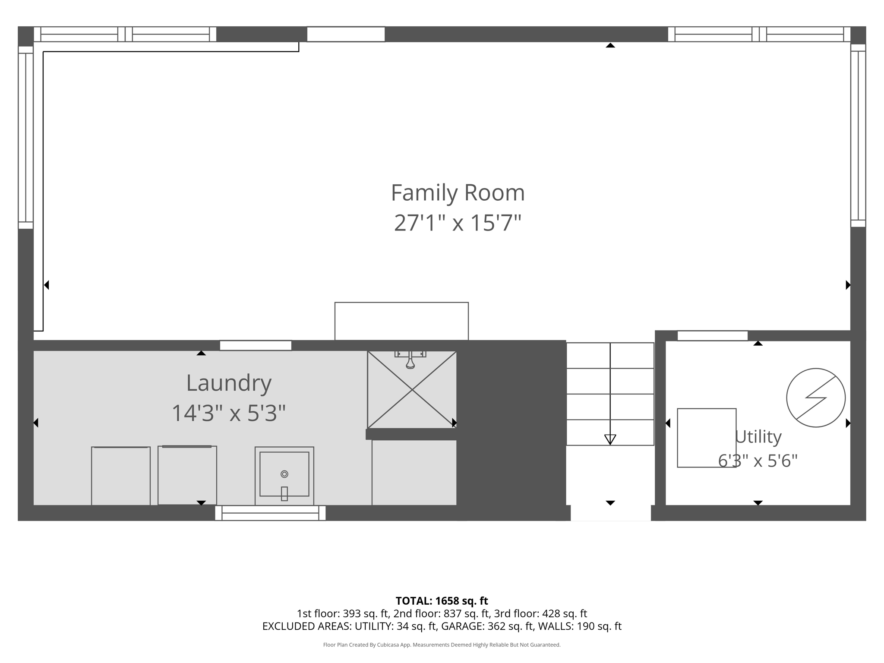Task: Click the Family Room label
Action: point(458,193)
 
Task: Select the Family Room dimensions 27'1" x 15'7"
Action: point(458,223)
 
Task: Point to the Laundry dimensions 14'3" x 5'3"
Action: point(229,413)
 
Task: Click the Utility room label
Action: point(758,437)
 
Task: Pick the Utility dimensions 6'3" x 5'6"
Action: point(758,461)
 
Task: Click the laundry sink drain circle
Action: point(284,474)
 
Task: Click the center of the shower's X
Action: point(412,390)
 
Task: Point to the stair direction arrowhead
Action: point(610,439)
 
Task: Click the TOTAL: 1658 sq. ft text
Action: point(442,601)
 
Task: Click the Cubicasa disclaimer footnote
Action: point(442,645)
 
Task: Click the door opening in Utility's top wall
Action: point(713,336)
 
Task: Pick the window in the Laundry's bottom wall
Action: point(270,513)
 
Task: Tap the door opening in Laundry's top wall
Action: point(256,345)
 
